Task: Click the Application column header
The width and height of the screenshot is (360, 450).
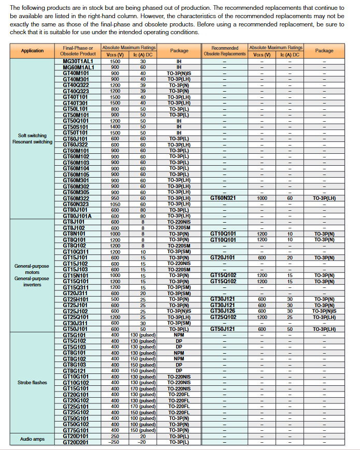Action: click(x=32, y=51)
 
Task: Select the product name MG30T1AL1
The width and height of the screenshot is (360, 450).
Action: click(x=78, y=61)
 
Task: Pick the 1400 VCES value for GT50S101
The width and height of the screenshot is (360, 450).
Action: click(x=115, y=126)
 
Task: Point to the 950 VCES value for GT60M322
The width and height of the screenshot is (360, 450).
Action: click(x=115, y=198)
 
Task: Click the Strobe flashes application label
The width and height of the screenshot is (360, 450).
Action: click(x=32, y=383)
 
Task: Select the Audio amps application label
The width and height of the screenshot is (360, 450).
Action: click(x=32, y=439)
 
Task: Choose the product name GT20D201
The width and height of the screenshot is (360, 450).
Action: click(x=76, y=442)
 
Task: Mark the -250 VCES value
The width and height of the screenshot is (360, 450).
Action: click(x=115, y=442)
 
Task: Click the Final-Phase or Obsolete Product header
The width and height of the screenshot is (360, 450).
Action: click(x=78, y=51)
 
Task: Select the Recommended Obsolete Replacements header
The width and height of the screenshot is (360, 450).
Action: click(x=224, y=51)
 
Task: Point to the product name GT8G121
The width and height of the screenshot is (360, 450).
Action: click(x=76, y=371)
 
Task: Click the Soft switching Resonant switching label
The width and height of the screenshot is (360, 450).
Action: click(x=32, y=139)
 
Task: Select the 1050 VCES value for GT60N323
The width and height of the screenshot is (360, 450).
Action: click(x=115, y=204)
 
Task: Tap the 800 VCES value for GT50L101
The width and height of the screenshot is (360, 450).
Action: click(x=115, y=109)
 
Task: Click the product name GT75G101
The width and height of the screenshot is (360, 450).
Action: click(x=76, y=430)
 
